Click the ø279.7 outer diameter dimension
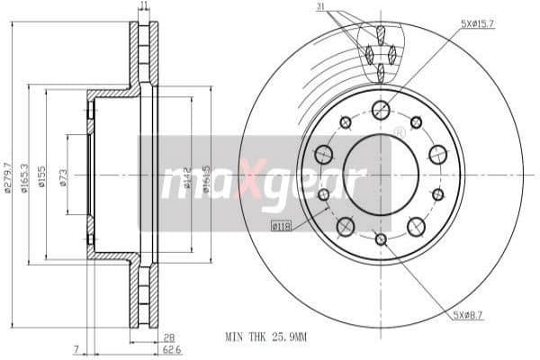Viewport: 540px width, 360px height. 7,177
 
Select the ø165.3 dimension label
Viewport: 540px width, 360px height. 24,177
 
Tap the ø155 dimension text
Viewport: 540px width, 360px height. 41,177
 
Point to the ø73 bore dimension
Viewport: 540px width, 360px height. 62,177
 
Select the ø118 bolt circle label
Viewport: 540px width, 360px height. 281,225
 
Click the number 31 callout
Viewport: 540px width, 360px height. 321,9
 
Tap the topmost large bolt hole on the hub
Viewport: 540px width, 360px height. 381,110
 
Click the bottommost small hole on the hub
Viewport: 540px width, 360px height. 381,239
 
